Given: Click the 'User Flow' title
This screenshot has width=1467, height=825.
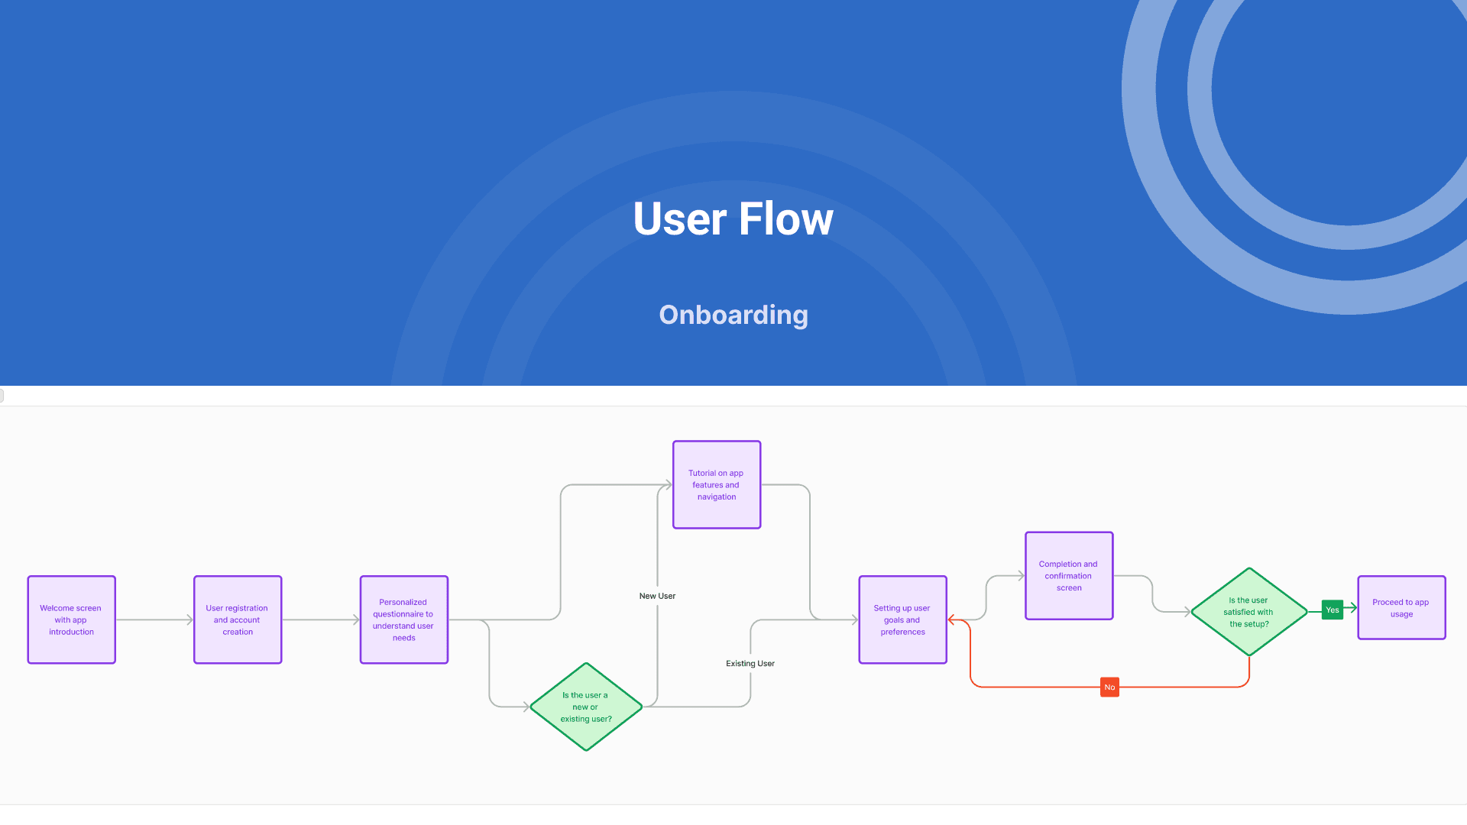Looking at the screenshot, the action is click(733, 219).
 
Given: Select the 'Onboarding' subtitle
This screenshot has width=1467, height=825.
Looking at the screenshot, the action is click(733, 315).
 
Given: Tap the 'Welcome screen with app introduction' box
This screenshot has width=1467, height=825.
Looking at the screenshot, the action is click(72, 620).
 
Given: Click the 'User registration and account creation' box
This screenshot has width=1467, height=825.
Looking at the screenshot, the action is click(238, 620).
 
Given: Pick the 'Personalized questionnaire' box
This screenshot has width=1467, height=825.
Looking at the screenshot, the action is click(404, 620).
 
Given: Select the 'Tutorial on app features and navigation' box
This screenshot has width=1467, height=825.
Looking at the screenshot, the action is click(717, 484).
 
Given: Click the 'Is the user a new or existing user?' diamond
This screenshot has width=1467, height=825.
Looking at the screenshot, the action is click(586, 707).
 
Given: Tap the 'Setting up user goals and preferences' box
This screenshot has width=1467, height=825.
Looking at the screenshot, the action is click(903, 620).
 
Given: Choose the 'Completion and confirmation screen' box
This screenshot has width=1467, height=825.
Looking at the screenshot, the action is click(1069, 575).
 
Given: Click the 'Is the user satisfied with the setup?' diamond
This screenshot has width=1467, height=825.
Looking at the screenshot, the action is click(1249, 611).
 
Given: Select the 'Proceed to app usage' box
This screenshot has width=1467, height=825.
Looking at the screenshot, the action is click(1402, 607).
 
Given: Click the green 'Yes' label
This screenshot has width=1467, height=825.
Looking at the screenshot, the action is click(1333, 610).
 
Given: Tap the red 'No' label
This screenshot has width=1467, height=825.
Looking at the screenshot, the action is click(1109, 687).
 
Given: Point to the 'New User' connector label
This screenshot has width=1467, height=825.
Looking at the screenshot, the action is click(657, 596).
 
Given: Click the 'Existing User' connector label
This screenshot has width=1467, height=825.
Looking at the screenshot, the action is click(750, 663).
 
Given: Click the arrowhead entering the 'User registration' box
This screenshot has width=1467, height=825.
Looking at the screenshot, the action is click(189, 620).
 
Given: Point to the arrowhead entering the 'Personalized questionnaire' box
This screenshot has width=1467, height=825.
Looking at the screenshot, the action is click(356, 620).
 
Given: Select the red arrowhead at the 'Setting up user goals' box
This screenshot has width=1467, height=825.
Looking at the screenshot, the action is click(951, 620).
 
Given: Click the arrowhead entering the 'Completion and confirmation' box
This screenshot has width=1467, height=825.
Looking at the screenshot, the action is click(1021, 575).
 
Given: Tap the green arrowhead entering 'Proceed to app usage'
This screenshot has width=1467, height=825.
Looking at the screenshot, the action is click(1354, 607).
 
